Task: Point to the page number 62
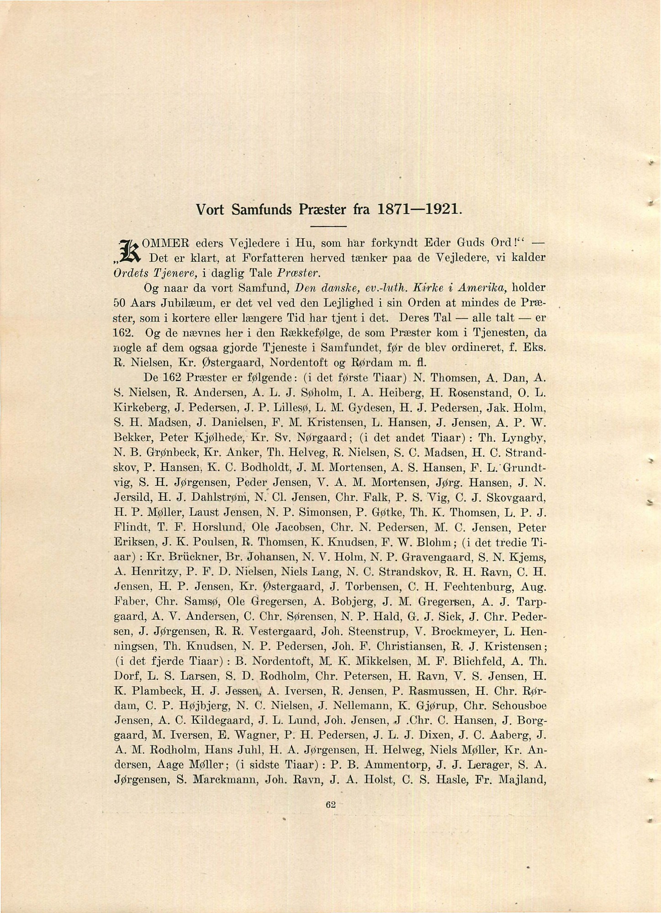click(331, 805)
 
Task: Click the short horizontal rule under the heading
click(329, 227)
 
